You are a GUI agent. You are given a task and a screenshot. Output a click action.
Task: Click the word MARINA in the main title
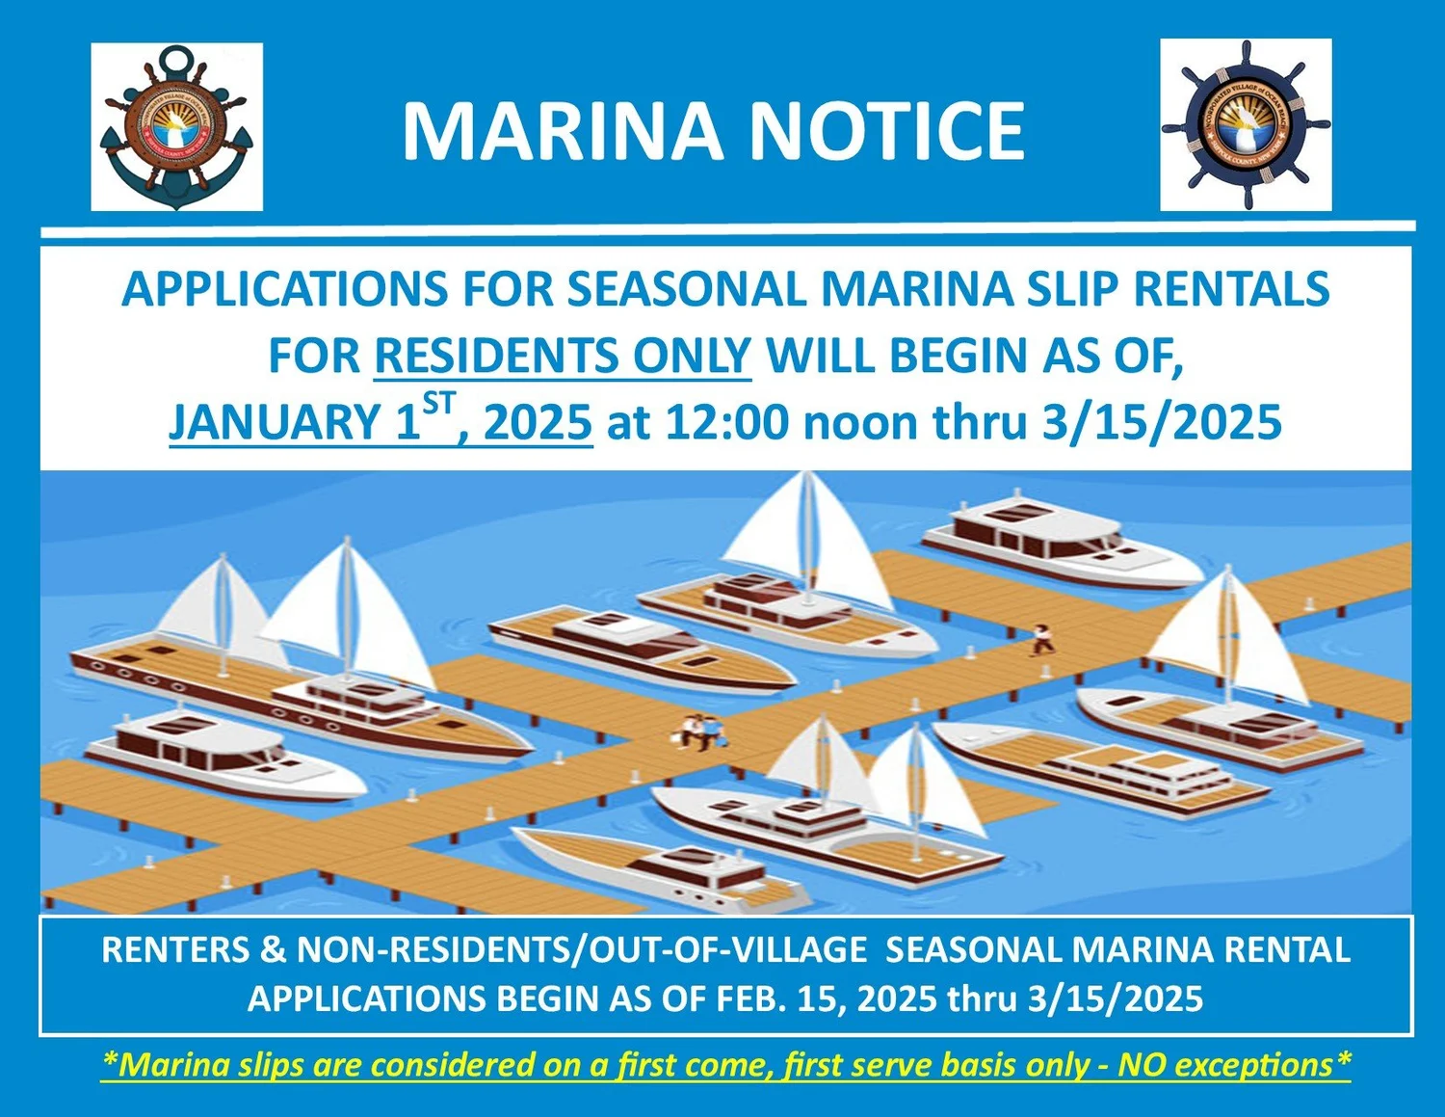tap(562, 131)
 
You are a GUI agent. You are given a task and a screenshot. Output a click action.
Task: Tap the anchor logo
tap(177, 126)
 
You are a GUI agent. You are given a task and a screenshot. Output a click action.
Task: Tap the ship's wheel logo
tap(1246, 125)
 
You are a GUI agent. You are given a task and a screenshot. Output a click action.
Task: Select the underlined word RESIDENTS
tap(495, 356)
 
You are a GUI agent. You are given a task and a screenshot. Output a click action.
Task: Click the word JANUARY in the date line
tap(275, 422)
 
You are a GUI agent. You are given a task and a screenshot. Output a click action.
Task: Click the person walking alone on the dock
tap(1041, 639)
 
